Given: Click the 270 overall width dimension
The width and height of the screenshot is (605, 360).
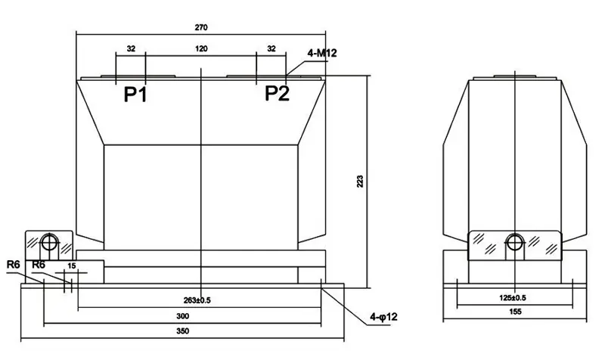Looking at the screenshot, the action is pyautogui.click(x=201, y=27).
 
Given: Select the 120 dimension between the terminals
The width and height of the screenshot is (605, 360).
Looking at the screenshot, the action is pyautogui.click(x=201, y=48).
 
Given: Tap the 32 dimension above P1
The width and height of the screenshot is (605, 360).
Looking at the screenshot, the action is pyautogui.click(x=131, y=48).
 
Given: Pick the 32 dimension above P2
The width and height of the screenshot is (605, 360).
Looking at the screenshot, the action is pyautogui.click(x=271, y=48).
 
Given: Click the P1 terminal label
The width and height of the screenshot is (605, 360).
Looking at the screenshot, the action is pyautogui.click(x=135, y=94).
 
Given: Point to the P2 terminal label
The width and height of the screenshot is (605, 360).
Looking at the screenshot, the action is pyautogui.click(x=277, y=93).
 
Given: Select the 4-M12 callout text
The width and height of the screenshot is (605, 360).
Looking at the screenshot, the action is pyautogui.click(x=322, y=53).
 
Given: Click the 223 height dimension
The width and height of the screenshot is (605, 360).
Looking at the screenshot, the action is pyautogui.click(x=360, y=182).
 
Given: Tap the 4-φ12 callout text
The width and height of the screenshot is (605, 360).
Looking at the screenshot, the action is pyautogui.click(x=383, y=317).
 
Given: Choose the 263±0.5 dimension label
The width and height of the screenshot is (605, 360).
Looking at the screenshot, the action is pyautogui.click(x=197, y=300).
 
